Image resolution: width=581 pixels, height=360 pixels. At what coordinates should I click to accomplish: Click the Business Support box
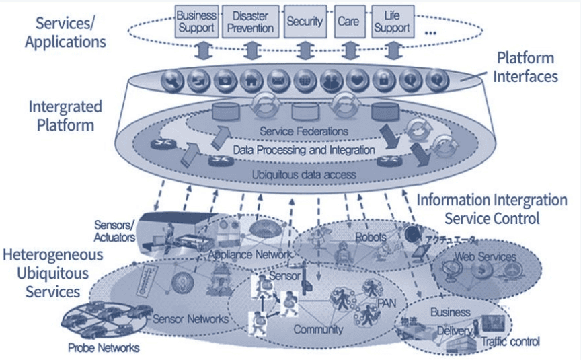tap(197, 22)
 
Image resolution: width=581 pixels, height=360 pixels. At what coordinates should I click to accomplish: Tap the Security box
tap(305, 22)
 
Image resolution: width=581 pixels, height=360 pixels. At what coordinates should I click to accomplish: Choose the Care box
tap(348, 22)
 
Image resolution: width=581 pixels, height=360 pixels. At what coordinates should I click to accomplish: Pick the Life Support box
tap(392, 22)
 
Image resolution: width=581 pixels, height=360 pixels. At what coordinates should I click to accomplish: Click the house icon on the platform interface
tap(250, 80)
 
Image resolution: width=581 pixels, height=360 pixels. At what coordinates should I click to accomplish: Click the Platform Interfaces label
tap(526, 67)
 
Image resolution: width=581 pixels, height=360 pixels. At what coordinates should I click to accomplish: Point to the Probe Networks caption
tap(104, 348)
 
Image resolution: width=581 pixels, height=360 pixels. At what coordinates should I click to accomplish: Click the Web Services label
tap(486, 257)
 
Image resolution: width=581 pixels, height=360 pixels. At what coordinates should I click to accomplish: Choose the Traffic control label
tap(510, 342)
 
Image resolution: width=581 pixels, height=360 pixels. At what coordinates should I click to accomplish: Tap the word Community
tap(318, 330)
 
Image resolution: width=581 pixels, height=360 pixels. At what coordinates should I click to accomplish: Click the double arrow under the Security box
tap(304, 50)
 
